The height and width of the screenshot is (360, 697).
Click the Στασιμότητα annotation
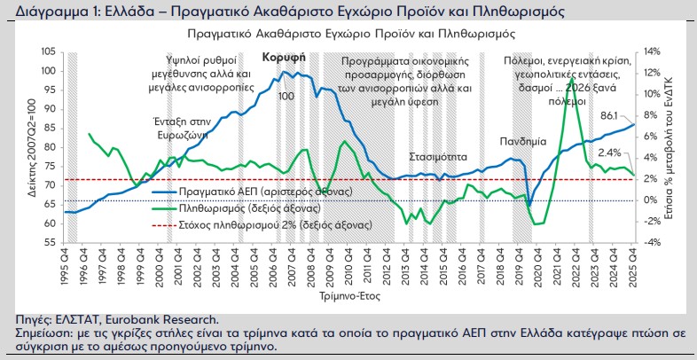[x=437, y=155]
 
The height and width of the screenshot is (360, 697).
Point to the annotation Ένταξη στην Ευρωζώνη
[x=180, y=131]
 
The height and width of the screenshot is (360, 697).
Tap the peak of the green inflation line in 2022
[x=573, y=79]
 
